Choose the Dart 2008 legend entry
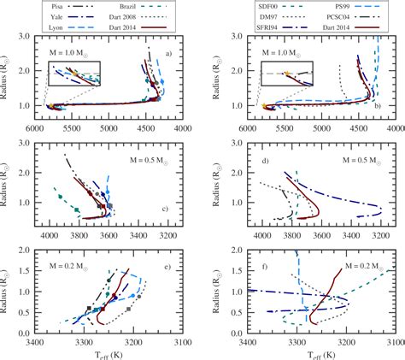pyautogui.click(x=128, y=15)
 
